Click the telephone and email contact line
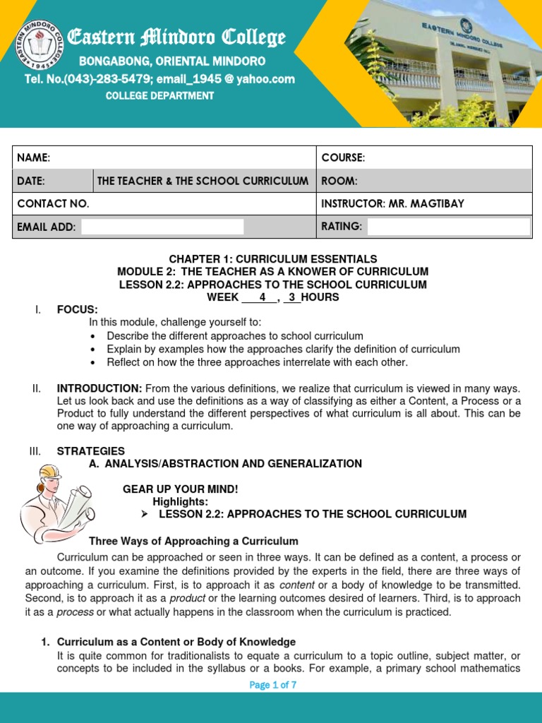pos(159,79)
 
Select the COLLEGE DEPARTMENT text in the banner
pos(159,96)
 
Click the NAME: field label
pos(33,157)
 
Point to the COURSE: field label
pos(343,157)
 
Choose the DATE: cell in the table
pos(31,181)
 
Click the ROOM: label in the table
pos(339,181)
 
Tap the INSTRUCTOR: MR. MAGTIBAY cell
pos(393,203)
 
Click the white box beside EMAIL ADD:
pos(162,227)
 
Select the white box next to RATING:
pos(448,227)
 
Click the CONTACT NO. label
pos(53,203)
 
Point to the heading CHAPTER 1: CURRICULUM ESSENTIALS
pos(272,259)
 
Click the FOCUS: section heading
pos(77,309)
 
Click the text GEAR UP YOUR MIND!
pos(181,489)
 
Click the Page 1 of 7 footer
pos(272,685)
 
